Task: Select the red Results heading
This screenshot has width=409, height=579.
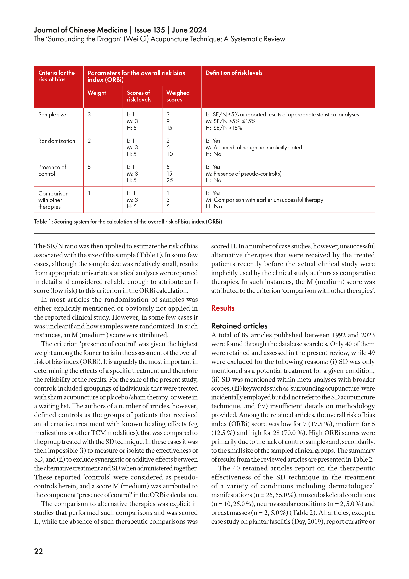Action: [223, 308]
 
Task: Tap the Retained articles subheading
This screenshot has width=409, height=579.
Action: [239, 326]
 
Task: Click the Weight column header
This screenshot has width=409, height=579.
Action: [97, 93]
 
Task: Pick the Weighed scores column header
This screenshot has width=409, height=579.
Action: [178, 96]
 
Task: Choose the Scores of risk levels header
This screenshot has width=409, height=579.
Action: [139, 96]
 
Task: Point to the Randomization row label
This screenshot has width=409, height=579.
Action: [57, 141]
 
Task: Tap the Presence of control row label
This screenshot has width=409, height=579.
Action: [52, 171]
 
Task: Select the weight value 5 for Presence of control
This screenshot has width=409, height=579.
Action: [89, 167]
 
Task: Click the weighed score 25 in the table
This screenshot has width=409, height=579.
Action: [170, 180]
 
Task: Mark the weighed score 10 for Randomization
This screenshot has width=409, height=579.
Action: [170, 154]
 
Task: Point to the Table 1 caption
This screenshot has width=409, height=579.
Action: [128, 222]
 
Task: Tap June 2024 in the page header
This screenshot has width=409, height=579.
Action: [189, 30]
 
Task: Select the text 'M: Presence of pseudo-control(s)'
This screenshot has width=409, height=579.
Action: [243, 174]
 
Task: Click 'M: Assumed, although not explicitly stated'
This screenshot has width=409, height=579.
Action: [254, 148]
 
